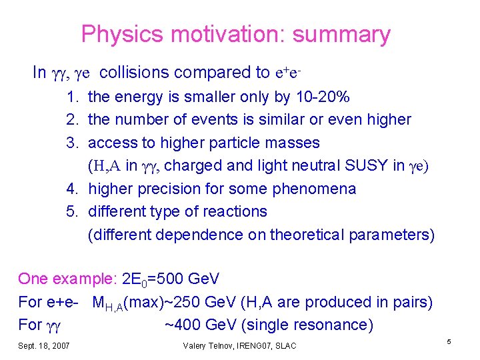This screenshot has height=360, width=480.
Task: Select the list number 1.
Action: click(71, 97)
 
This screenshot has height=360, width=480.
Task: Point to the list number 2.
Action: click(71, 120)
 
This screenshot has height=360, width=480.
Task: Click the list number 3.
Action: click(71, 143)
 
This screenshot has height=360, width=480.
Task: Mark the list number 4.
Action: click(71, 189)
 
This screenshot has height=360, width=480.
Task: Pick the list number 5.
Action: click(71, 211)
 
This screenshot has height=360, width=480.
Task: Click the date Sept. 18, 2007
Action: click(43, 345)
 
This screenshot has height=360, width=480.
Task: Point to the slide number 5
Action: click(449, 342)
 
